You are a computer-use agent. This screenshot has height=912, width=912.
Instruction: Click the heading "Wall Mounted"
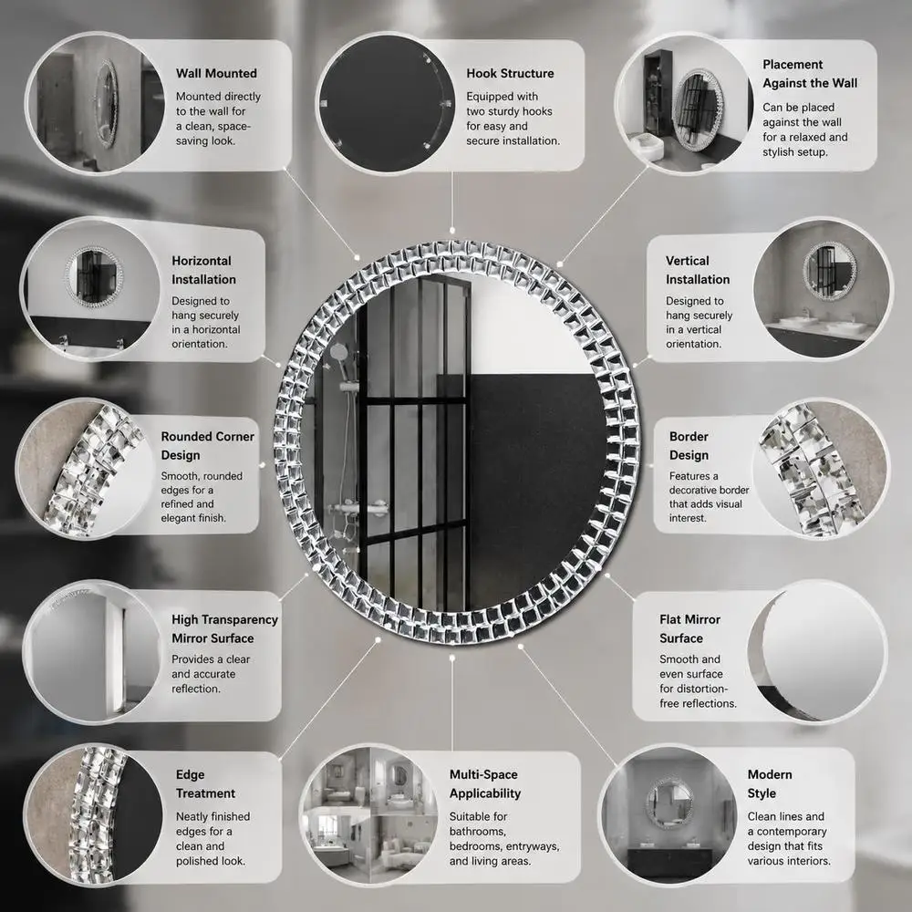pyautogui.click(x=216, y=73)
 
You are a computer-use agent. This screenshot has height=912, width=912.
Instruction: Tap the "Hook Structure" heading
pyautogui.click(x=510, y=73)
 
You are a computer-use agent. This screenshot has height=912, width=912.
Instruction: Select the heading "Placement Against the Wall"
pyautogui.click(x=810, y=74)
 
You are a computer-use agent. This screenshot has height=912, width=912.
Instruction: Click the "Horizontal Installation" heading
pyautogui.click(x=203, y=270)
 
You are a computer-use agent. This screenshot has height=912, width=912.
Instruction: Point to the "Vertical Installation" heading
pyautogui.click(x=698, y=270)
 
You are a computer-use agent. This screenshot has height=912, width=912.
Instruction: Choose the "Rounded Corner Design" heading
pyautogui.click(x=208, y=446)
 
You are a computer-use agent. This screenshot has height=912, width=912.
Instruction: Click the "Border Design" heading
pyautogui.click(x=689, y=446)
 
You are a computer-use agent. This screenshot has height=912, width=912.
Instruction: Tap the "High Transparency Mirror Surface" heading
pyautogui.click(x=224, y=628)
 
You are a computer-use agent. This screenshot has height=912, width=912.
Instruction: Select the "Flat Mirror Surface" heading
pyautogui.click(x=689, y=628)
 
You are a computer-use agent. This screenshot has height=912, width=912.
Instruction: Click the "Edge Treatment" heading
pyautogui.click(x=205, y=784)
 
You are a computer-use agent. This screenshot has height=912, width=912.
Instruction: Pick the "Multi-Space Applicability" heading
pyautogui.click(x=484, y=784)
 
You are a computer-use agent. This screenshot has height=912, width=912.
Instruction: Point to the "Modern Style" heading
pyautogui.click(x=770, y=784)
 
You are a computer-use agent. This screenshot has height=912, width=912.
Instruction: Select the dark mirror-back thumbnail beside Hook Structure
pyautogui.click(x=385, y=104)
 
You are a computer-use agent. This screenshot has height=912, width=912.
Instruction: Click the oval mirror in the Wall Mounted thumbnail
pyautogui.click(x=106, y=103)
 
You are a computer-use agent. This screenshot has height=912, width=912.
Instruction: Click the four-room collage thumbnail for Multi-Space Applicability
pyautogui.click(x=368, y=814)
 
